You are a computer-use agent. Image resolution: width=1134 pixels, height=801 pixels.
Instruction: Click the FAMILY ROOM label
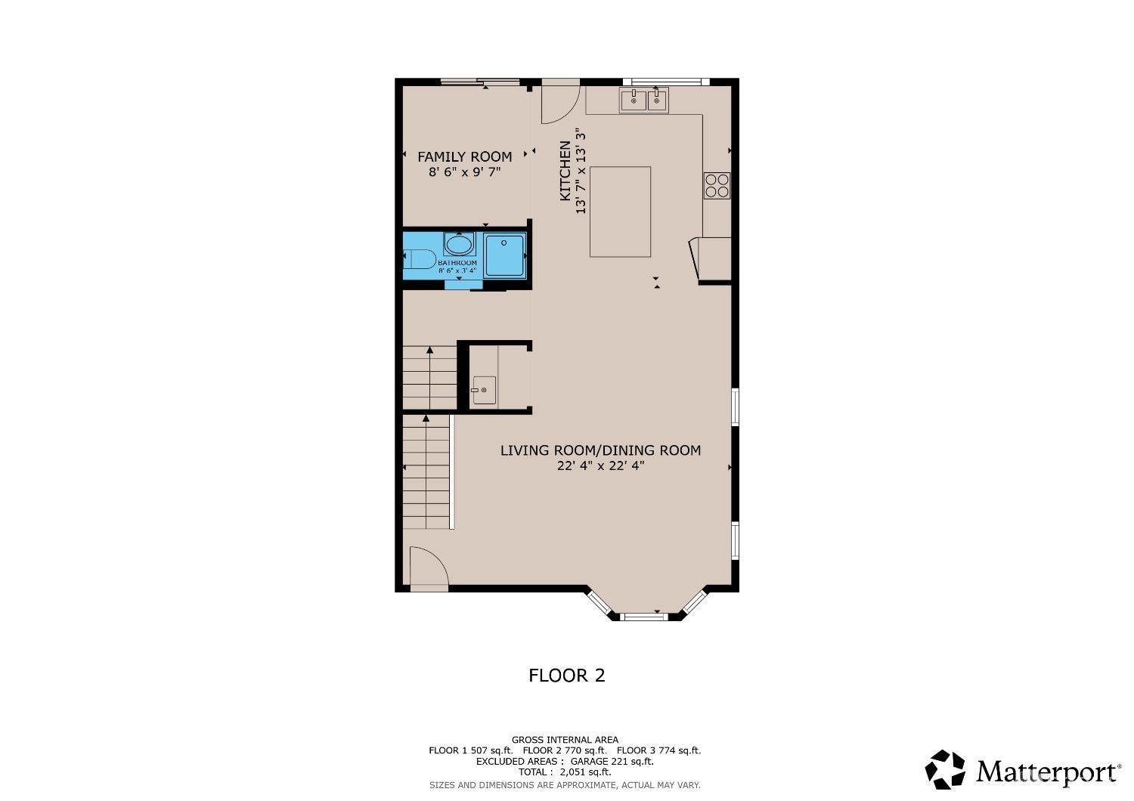(464, 156)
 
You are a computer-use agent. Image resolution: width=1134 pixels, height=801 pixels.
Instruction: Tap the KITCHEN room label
(565, 171)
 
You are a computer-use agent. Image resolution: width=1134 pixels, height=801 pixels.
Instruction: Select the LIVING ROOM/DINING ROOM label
(600, 450)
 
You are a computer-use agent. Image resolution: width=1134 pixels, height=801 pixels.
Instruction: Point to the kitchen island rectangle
(620, 212)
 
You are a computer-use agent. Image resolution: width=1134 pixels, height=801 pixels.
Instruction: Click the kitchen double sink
(644, 100)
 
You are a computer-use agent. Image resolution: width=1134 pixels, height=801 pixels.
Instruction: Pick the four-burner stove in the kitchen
(717, 185)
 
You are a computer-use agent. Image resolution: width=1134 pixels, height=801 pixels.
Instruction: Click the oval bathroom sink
(458, 245)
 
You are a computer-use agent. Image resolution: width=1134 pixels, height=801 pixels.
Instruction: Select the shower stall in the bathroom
(503, 255)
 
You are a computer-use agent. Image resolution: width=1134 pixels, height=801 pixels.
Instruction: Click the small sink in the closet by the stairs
(484, 390)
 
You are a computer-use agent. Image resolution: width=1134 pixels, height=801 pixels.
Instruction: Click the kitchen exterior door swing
(559, 102)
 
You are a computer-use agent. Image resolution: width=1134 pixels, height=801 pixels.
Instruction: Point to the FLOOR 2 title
(566, 676)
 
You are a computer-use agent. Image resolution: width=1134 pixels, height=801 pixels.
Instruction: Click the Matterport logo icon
(945, 769)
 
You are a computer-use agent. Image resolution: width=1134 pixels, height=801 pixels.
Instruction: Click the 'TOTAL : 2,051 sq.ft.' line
(565, 772)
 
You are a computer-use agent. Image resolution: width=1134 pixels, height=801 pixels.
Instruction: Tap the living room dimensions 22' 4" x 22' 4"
(600, 466)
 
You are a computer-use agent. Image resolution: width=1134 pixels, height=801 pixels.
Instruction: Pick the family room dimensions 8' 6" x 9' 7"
(464, 172)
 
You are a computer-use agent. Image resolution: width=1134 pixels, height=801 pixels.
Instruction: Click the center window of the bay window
(644, 617)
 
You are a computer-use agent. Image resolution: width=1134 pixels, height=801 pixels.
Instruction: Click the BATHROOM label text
(457, 263)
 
